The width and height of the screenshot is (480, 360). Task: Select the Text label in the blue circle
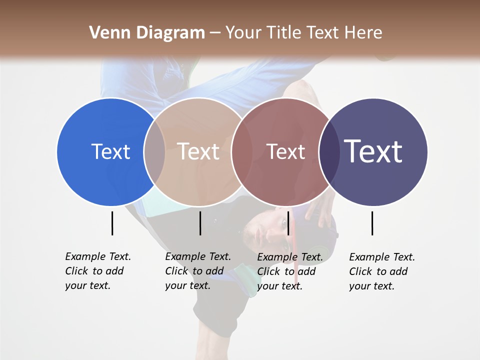coord(110,151)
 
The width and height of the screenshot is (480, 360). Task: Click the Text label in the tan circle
coord(198,151)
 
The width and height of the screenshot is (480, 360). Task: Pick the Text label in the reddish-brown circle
coord(286,151)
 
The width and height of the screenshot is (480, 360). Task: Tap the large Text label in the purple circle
coord(373,151)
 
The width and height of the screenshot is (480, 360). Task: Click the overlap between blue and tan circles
coord(155,151)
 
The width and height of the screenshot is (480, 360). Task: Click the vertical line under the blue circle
coord(112,223)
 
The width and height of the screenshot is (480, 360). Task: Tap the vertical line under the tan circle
coord(200,223)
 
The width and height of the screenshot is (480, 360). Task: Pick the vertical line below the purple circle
coord(372,223)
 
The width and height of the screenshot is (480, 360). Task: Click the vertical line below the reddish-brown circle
coord(288,223)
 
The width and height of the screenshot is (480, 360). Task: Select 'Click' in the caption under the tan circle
coord(176,271)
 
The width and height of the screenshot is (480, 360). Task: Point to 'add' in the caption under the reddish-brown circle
coord(306,271)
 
